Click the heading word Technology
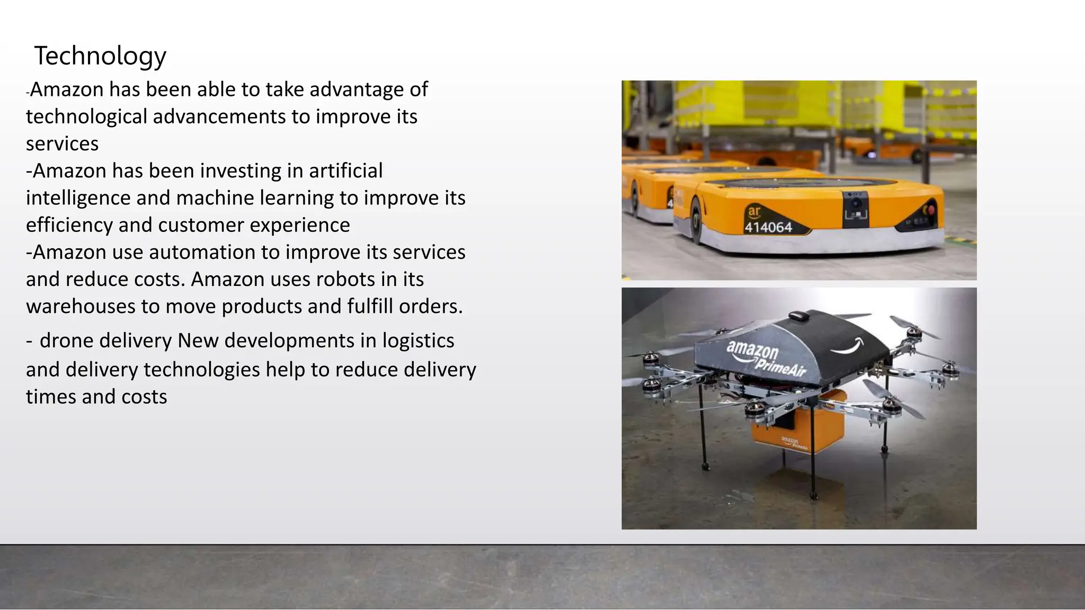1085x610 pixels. pyautogui.click(x=100, y=56)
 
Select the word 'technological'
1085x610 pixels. pyautogui.click(x=86, y=116)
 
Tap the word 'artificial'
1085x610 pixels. pyautogui.click(x=345, y=171)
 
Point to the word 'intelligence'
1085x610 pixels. pyautogui.click(x=78, y=198)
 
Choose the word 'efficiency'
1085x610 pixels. pyautogui.click(x=69, y=226)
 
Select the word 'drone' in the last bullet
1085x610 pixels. pyautogui.click(x=66, y=341)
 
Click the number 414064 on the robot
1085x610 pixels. pyautogui.click(x=768, y=228)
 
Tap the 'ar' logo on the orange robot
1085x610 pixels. pyautogui.click(x=753, y=211)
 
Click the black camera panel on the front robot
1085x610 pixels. pyautogui.click(x=856, y=209)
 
